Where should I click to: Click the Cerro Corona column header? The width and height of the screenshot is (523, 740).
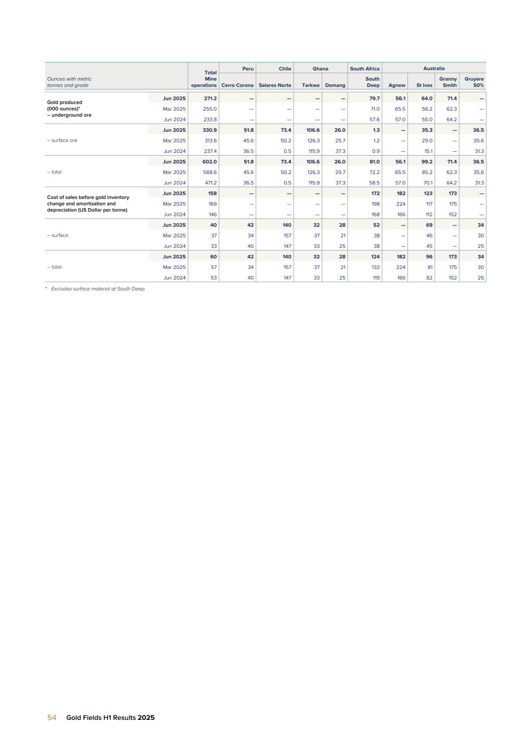pyautogui.click(x=237, y=85)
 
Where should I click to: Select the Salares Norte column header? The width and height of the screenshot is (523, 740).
pyautogui.click(x=275, y=85)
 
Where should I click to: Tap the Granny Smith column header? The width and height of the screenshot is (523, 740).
pyautogui.click(x=448, y=82)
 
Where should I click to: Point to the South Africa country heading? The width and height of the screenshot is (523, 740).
pyautogui.click(x=365, y=69)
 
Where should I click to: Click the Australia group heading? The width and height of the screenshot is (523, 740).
pyautogui.click(x=434, y=68)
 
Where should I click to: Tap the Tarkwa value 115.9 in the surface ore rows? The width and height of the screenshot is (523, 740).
pyautogui.click(x=312, y=151)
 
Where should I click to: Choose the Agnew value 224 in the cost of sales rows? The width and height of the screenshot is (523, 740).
pyautogui.click(x=401, y=204)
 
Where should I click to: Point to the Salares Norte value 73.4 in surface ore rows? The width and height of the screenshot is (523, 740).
pyautogui.click(x=284, y=130)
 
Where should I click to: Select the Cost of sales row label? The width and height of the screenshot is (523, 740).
pyautogui.click(x=88, y=203)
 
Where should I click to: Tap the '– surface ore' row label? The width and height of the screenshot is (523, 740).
pyautogui.click(x=62, y=140)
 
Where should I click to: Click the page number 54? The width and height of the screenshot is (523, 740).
pyautogui.click(x=52, y=717)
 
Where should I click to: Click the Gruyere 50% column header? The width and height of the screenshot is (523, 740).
pyautogui.click(x=474, y=82)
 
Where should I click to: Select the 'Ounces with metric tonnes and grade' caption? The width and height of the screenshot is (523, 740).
pyautogui.click(x=69, y=82)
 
